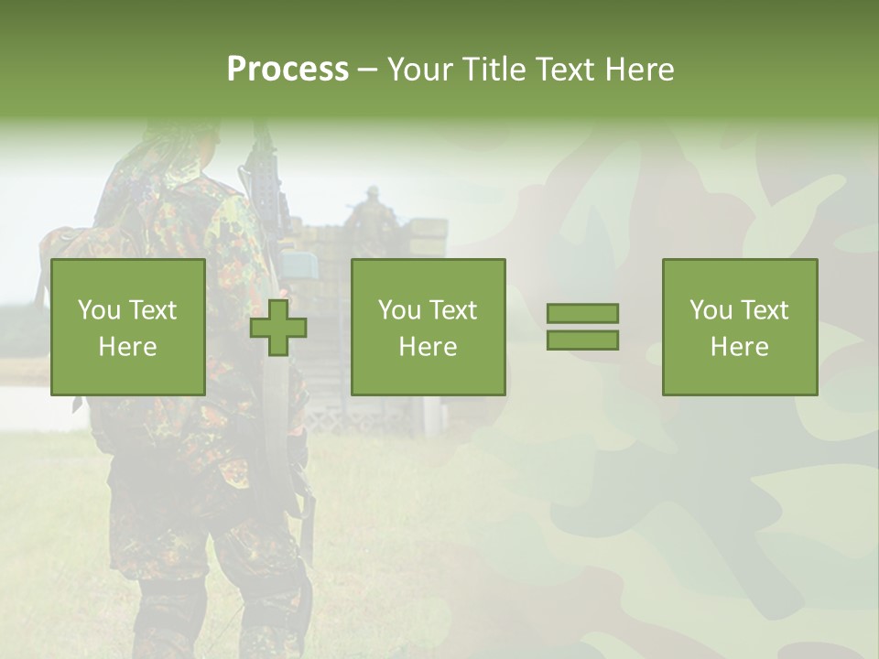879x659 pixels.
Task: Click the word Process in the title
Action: (288, 69)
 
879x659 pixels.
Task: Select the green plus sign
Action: (278, 328)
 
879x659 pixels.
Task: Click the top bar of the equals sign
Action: (582, 313)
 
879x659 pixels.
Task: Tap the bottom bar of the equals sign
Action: (582, 340)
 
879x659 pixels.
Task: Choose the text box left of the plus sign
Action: (128, 327)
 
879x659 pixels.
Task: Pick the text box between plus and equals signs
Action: (428, 327)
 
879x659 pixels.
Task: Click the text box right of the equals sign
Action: (740, 327)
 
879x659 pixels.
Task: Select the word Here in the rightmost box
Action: (740, 346)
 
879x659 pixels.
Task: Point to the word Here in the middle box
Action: (428, 346)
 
